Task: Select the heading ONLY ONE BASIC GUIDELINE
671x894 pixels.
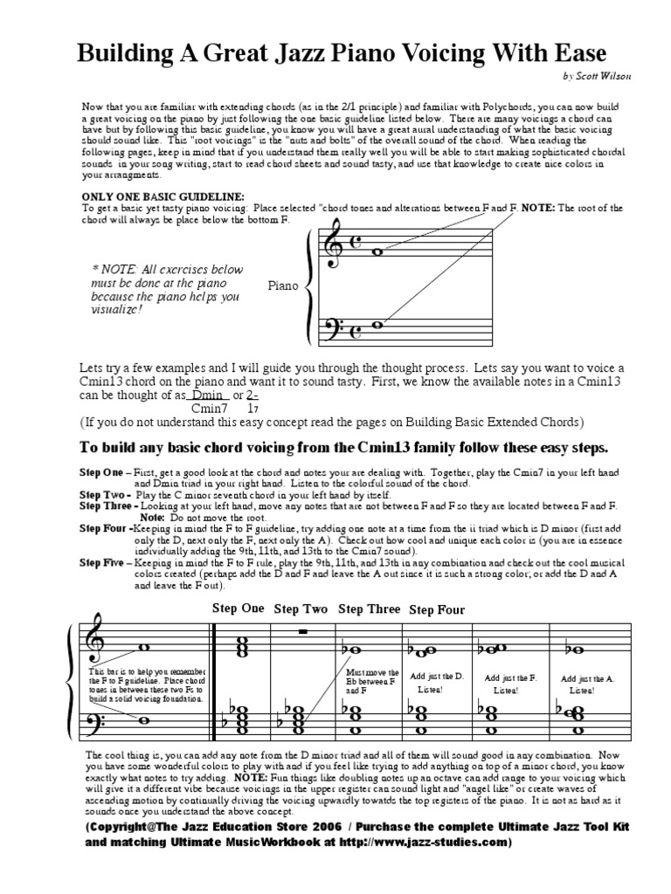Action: coord(163,197)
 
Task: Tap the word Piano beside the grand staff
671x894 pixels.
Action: coord(283,285)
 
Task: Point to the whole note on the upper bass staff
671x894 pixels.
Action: coord(378,325)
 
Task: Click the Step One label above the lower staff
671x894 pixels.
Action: coord(238,608)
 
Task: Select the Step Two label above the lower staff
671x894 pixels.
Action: coord(301,609)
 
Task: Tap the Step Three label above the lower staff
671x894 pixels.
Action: coord(369,609)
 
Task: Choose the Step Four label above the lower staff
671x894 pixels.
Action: coord(437,609)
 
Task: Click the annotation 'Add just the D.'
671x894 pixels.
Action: coord(429,677)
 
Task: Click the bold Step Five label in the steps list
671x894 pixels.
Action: coord(103,563)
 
